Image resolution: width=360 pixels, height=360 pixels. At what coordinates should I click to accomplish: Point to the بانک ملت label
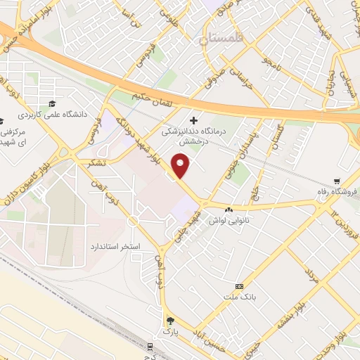240,297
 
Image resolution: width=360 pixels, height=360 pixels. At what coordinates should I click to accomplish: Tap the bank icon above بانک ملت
239,286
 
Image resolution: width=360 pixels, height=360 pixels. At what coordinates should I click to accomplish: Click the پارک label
168,329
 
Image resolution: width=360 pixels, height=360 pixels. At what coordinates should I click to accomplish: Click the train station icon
150,345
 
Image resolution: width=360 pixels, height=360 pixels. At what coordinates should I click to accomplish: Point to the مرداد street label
311,274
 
